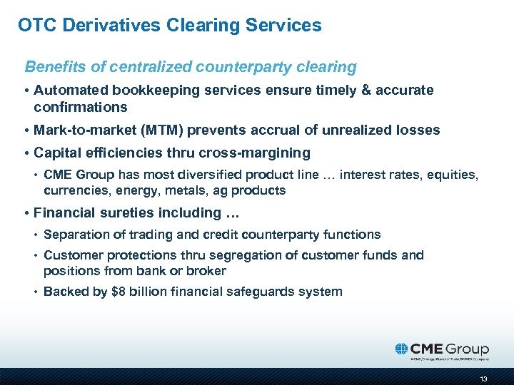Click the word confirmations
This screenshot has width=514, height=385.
tap(80, 107)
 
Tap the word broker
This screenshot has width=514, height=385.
tap(207, 271)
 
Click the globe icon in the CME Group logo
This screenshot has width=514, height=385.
tap(403, 349)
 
